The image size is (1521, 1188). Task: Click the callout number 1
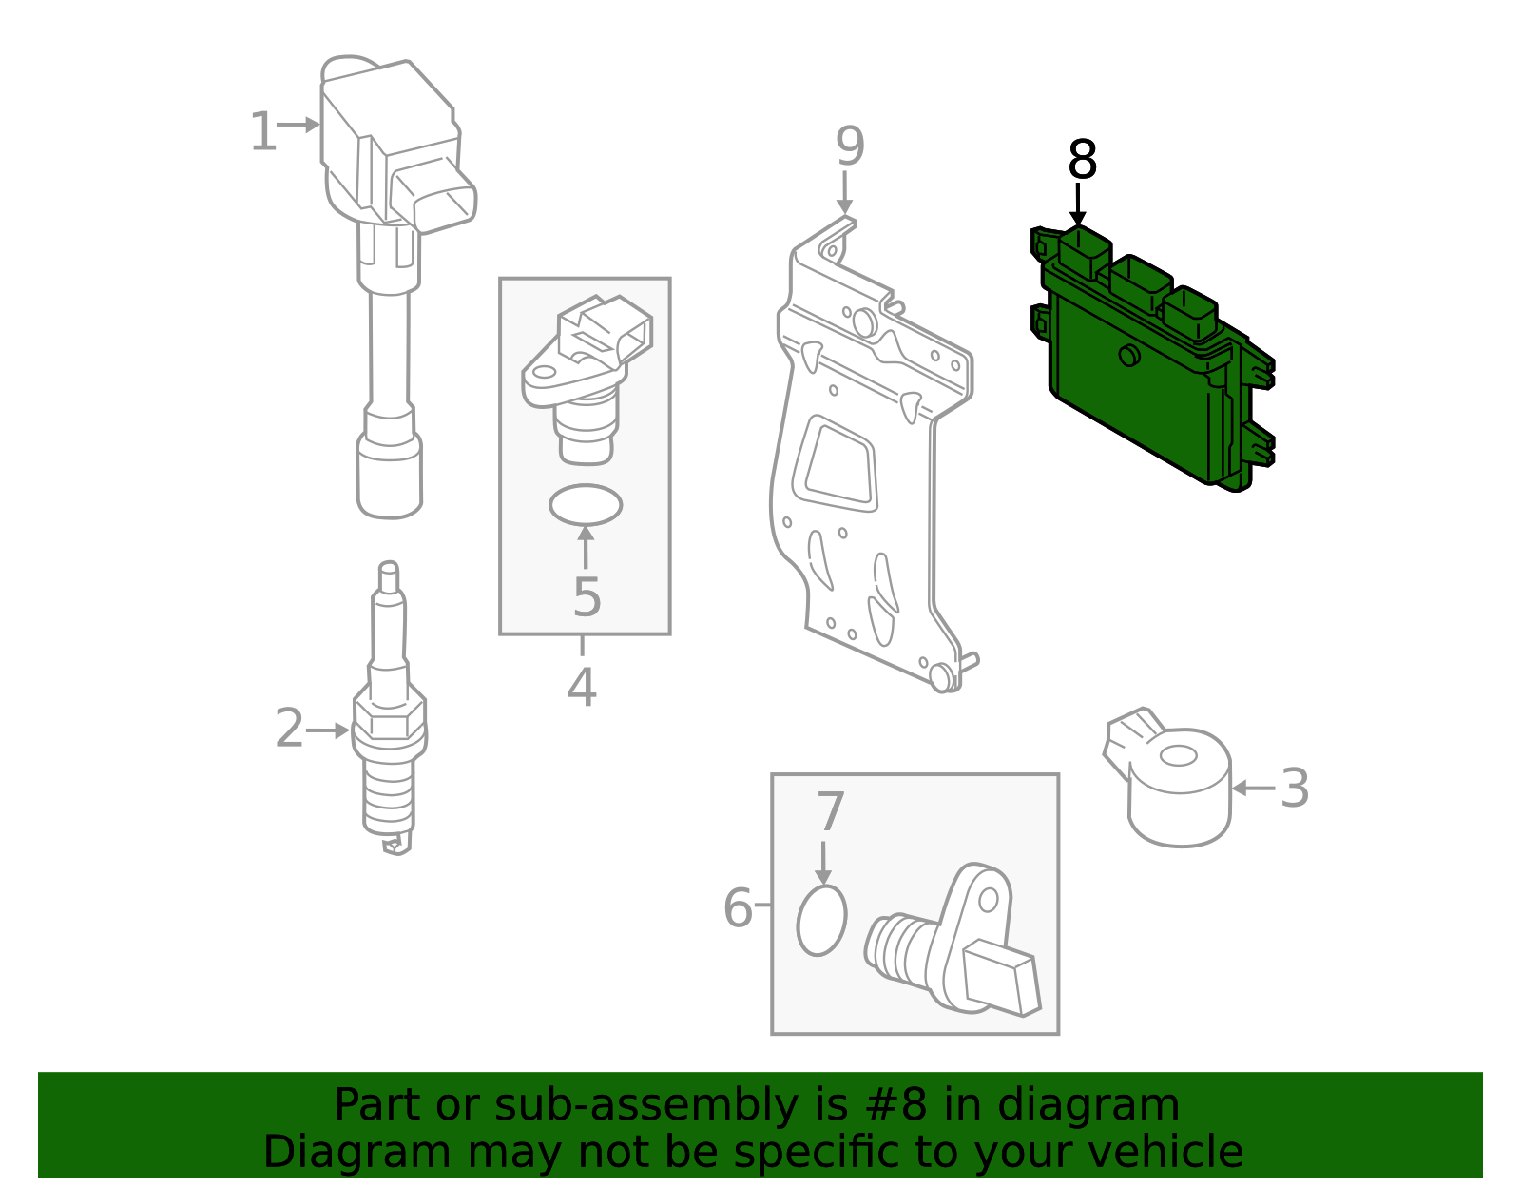point(262,132)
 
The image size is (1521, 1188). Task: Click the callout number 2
point(289,729)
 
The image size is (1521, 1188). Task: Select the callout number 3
point(1294,789)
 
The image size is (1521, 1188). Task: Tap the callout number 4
point(582,688)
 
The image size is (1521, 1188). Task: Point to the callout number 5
point(587,598)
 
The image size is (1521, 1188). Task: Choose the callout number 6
point(738,907)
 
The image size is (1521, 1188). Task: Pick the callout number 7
point(830,812)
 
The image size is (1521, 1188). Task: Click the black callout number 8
point(1082,160)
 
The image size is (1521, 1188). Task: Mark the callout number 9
point(850,146)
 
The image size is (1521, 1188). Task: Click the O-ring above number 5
point(586,505)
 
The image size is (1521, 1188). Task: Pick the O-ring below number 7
point(821,920)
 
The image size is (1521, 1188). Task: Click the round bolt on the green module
point(1129,356)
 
